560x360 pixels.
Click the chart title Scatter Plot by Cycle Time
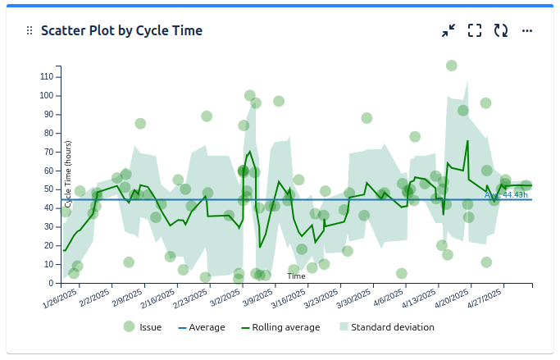click(x=121, y=30)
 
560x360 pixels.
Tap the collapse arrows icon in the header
click(x=448, y=30)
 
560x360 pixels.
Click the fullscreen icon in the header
click(x=475, y=30)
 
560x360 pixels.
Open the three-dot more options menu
click(x=527, y=30)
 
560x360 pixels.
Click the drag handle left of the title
click(x=30, y=30)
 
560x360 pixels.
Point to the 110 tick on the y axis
click(x=47, y=76)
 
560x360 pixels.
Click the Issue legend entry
click(x=141, y=327)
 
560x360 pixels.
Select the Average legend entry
click(x=201, y=327)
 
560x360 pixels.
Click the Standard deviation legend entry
click(x=385, y=327)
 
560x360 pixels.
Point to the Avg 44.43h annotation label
click(x=505, y=195)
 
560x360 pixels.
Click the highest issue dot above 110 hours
click(x=452, y=66)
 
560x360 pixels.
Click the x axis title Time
click(x=297, y=276)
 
